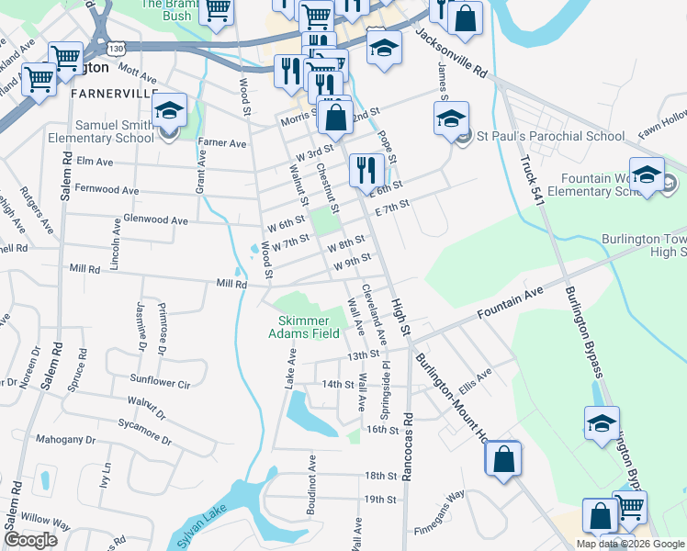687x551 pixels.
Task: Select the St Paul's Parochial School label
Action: [549, 136]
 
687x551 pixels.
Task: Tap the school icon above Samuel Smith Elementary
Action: [169, 111]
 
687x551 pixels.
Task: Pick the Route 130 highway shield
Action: [114, 47]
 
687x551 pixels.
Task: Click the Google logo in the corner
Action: [30, 540]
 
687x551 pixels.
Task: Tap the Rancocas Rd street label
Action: [406, 446]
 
